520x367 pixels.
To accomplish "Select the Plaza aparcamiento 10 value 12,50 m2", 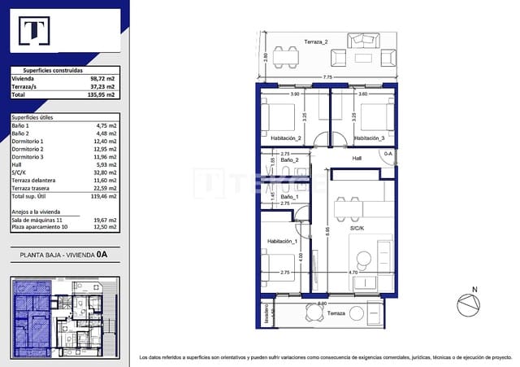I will (x=105, y=228).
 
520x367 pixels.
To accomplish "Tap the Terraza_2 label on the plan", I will (x=316, y=42).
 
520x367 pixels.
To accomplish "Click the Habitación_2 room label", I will (x=287, y=138).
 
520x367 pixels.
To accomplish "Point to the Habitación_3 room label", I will (x=370, y=138).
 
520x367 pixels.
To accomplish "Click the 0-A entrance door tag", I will (x=388, y=153).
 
